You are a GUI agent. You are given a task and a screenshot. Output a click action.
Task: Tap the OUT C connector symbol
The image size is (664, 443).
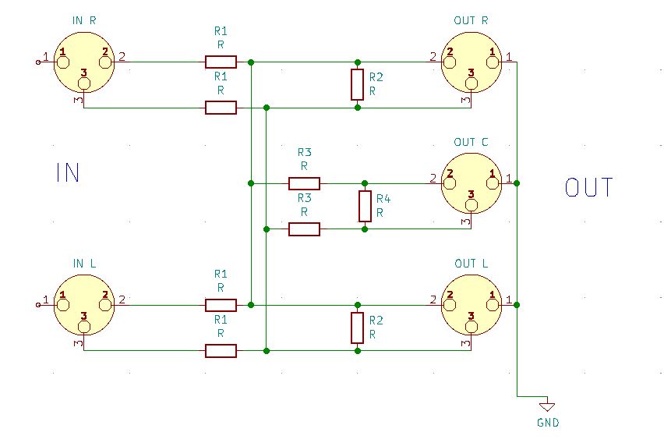471,185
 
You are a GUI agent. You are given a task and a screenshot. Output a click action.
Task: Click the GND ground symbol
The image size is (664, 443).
547,406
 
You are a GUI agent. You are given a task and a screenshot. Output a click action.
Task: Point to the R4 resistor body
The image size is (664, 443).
365,206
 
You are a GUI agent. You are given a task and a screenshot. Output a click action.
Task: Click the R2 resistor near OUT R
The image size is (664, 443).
357,84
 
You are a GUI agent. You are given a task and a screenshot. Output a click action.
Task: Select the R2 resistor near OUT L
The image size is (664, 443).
357,328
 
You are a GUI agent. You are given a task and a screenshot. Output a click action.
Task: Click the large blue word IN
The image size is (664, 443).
68,172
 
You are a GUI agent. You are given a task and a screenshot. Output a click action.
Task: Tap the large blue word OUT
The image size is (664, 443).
589,188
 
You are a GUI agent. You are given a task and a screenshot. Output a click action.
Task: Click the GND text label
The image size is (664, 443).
548,424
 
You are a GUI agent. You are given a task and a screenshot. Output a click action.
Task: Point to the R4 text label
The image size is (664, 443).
383,199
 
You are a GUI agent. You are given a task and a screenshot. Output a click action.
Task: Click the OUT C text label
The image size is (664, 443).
471,142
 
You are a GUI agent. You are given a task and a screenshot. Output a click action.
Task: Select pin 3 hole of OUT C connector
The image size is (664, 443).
471,204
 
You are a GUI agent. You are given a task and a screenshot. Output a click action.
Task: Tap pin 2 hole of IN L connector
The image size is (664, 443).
104,298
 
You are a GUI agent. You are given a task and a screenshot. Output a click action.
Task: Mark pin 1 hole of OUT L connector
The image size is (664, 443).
492,298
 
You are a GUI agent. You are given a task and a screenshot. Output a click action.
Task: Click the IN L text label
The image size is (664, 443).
84,263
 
